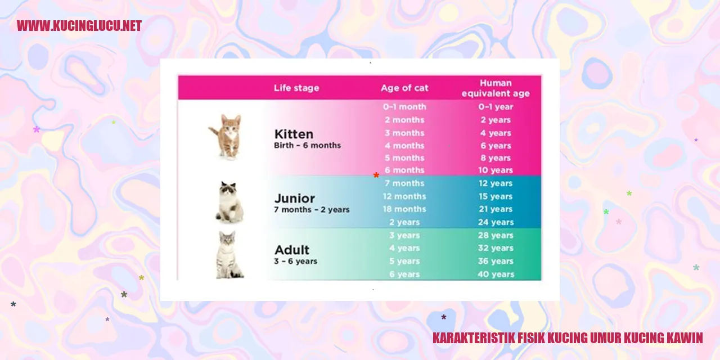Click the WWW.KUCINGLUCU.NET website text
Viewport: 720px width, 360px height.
tap(79, 26)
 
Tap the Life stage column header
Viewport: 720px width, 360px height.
tap(296, 88)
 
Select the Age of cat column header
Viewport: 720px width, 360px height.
tap(404, 88)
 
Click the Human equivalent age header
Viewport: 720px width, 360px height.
tap(496, 88)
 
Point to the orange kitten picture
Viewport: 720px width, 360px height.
tap(227, 137)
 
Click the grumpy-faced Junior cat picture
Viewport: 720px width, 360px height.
tap(229, 202)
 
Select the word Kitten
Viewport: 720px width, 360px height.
tap(294, 134)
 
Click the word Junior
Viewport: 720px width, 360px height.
tap(294, 199)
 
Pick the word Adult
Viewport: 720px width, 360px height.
tap(292, 250)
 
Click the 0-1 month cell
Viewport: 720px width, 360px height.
tap(404, 107)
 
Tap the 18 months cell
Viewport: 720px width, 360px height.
tap(404, 209)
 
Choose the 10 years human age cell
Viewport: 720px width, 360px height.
tap(496, 170)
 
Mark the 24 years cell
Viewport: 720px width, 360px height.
tap(496, 222)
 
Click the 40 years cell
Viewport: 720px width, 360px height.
tap(496, 274)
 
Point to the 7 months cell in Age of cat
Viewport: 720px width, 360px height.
tap(404, 183)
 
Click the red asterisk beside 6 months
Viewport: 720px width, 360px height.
tap(376, 175)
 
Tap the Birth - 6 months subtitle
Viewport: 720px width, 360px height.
tap(307, 145)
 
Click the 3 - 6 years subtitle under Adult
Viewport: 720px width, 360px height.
tap(295, 262)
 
